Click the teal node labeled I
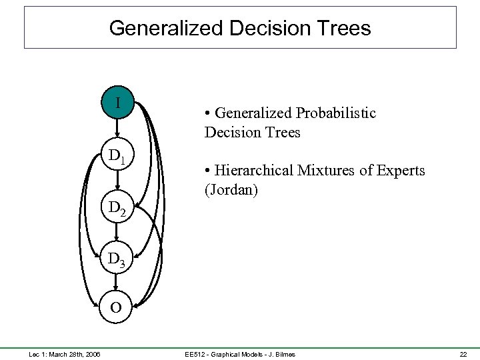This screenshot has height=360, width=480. point(117,103)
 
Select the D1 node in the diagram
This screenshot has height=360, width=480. point(117,157)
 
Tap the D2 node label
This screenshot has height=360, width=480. point(117,209)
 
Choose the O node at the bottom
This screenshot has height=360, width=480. point(117,308)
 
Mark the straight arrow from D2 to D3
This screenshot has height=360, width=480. point(117,233)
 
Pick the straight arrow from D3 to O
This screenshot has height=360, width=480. point(117,283)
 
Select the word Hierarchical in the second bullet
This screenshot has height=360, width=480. point(253,171)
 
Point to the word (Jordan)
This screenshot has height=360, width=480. point(231,190)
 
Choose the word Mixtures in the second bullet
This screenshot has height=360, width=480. point(327,171)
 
